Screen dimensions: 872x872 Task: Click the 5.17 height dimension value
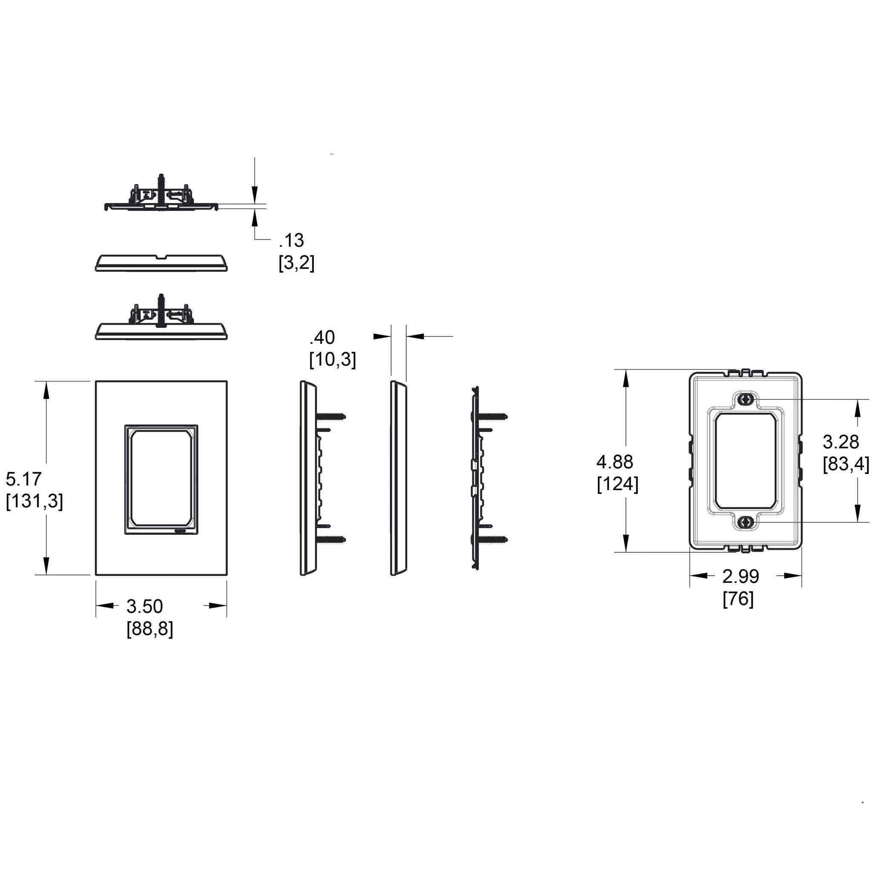[23, 478]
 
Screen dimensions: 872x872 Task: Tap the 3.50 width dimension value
[144, 606]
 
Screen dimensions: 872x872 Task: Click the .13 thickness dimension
[292, 241]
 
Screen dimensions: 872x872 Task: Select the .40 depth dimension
[322, 338]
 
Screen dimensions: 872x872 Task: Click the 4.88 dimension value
[615, 462]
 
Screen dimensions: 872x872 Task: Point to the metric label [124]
[617, 484]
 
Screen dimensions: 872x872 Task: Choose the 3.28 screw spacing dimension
[840, 442]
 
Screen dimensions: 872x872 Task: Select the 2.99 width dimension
[741, 577]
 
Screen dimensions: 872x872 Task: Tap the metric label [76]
[738, 599]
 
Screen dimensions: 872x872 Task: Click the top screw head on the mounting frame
[745, 399]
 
